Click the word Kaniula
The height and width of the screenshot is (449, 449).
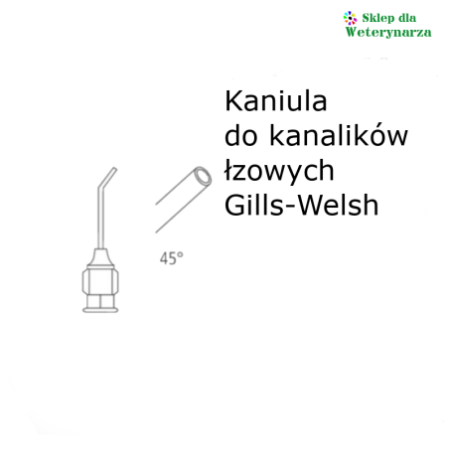click(x=276, y=101)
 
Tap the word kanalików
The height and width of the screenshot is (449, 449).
click(x=339, y=135)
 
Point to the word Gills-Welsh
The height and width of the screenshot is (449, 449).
click(x=301, y=205)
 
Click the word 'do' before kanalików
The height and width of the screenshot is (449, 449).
click(x=240, y=135)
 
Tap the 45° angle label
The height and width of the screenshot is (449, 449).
click(x=172, y=258)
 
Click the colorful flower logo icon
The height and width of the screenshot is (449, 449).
click(x=350, y=18)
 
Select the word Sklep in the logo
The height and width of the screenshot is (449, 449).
click(x=377, y=18)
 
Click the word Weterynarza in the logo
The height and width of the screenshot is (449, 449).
click(x=388, y=32)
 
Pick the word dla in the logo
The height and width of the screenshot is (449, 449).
click(x=407, y=18)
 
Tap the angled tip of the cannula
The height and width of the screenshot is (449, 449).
click(x=114, y=169)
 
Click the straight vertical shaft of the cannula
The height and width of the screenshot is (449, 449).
click(x=101, y=221)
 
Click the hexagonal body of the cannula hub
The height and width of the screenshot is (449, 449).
click(x=100, y=281)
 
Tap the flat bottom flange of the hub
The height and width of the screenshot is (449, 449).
click(x=100, y=310)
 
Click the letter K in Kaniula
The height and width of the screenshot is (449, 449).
click(x=232, y=101)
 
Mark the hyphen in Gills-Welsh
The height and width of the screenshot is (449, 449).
click(x=292, y=208)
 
